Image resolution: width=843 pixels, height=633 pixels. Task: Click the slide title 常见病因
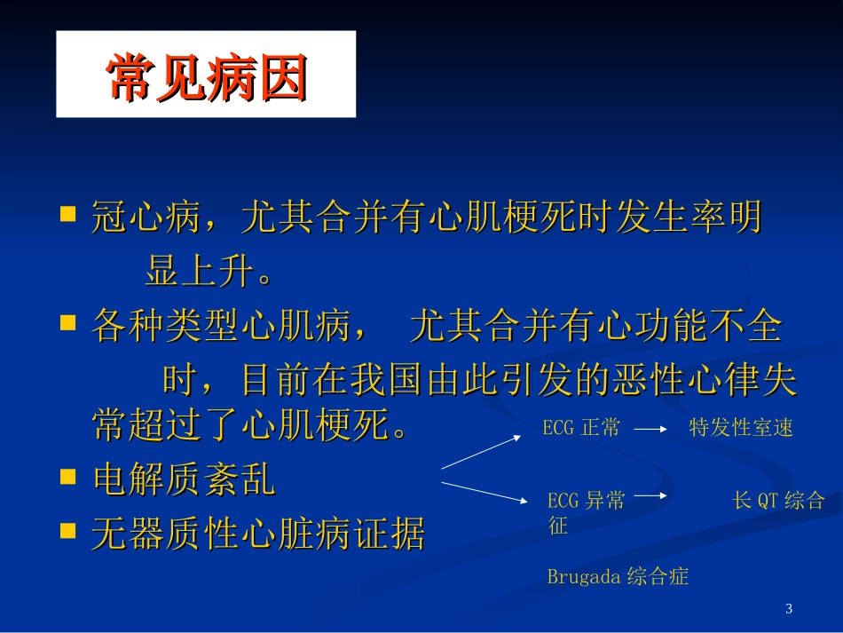206,76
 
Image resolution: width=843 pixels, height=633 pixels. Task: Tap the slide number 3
789,608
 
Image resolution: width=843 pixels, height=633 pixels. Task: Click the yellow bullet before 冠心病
67,215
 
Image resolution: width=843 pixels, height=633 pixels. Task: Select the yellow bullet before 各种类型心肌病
67,325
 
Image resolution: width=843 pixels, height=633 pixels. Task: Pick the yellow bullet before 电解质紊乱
67,478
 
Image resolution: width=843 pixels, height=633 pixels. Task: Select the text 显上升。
209,273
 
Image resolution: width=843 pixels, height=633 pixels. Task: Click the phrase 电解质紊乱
184,480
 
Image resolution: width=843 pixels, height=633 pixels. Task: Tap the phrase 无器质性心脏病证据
258,534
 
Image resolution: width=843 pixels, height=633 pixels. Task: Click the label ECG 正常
581,428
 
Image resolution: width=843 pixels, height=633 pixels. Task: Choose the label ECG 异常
586,501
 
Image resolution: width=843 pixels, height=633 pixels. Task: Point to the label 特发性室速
741,428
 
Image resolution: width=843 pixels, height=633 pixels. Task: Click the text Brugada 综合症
618,576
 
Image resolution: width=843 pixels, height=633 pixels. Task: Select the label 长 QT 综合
778,501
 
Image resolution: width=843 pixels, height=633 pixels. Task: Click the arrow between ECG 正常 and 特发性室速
650,428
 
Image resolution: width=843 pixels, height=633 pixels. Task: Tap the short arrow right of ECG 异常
650,495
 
